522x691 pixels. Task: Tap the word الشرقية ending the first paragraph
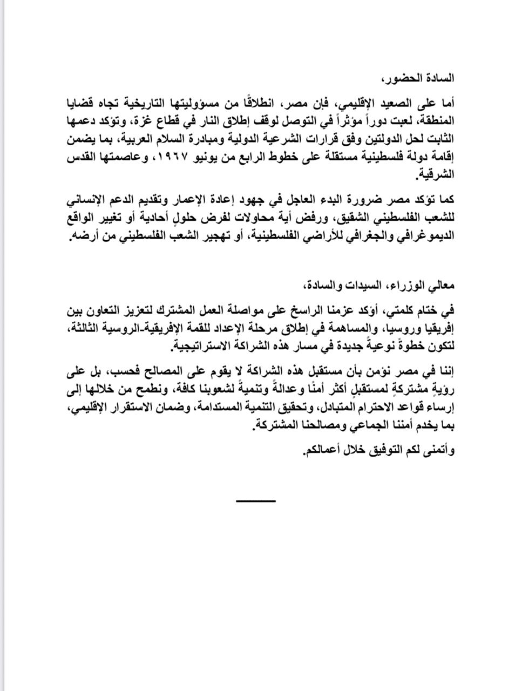(439, 175)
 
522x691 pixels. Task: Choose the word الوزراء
(407, 284)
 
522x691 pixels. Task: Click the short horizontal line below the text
(256, 501)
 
